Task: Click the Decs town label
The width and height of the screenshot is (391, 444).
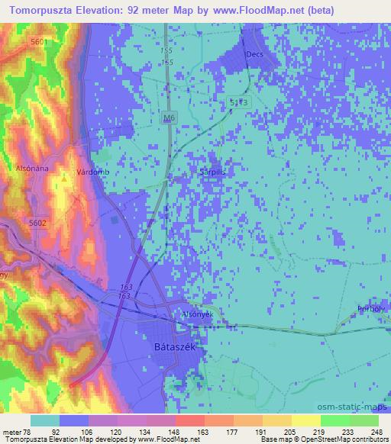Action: pos(254,55)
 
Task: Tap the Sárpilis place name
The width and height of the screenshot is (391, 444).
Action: pos(214,172)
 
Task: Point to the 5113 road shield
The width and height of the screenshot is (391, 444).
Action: pos(238,101)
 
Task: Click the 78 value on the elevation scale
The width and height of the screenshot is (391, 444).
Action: pos(30,430)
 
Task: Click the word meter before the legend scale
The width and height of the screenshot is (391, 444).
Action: pos(11,430)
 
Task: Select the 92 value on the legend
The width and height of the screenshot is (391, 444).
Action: pos(55,430)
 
